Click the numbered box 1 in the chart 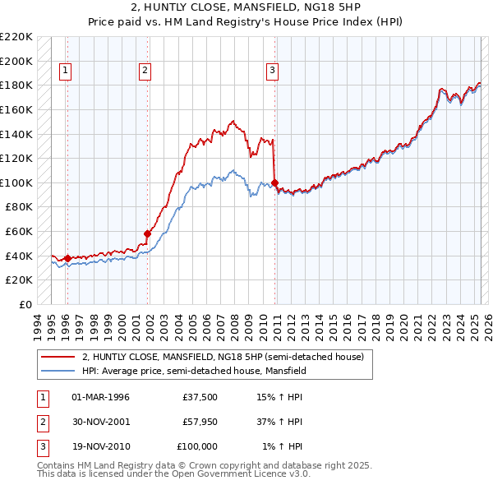65,72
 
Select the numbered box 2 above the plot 145,72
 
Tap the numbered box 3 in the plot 272,72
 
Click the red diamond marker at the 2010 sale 274,182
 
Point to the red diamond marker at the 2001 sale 148,233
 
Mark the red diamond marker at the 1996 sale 67,258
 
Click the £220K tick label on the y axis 16,37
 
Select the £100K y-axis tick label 16,182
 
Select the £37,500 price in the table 200,398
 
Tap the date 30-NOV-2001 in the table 101,422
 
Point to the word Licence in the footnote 264,474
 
